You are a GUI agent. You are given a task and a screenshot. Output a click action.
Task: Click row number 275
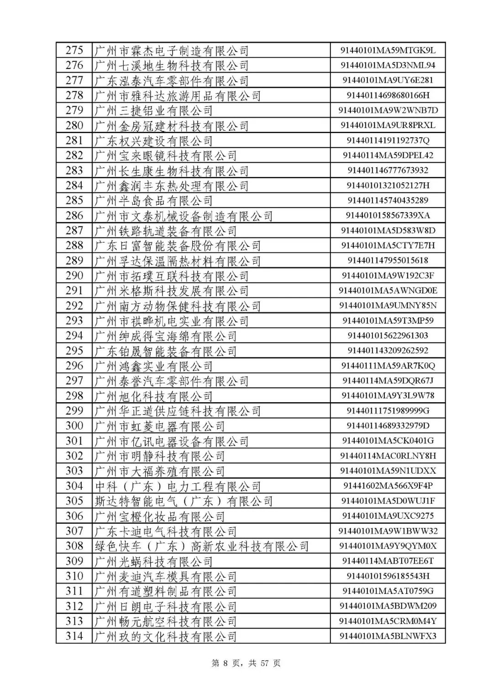coord(74,50)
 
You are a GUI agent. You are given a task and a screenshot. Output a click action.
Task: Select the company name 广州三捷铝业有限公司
coord(153,111)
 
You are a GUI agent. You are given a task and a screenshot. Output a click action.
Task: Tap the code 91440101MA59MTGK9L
coord(388,50)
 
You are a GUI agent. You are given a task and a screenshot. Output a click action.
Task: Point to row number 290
coord(74,276)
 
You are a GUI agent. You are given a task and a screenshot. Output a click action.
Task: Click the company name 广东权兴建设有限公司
coord(153,141)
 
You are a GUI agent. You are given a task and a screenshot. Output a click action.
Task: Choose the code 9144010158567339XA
coord(388,216)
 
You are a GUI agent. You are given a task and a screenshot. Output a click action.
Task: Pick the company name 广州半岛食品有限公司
coord(153,201)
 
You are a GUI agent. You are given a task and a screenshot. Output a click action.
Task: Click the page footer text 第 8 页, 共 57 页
coord(246,663)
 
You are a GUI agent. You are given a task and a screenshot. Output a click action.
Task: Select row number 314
coord(74,636)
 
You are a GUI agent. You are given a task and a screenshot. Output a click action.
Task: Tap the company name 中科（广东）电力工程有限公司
coord(178,486)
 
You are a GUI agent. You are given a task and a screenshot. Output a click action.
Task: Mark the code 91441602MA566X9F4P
coord(388,486)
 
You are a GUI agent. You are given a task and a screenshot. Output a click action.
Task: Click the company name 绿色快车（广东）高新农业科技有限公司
coord(201,546)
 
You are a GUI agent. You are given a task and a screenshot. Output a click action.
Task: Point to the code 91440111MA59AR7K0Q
coord(388,366)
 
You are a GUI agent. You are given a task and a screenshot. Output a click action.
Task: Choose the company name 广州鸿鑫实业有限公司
coord(153,366)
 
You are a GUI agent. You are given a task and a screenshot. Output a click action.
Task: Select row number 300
coord(74,426)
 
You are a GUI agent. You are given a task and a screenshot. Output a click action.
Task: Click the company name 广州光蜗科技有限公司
coord(153,561)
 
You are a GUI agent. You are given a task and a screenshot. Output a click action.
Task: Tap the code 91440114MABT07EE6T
coord(388,561)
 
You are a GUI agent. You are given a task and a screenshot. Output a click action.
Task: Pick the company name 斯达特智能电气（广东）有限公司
coord(184,501)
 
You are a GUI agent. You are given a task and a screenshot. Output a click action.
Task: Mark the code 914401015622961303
coord(388,336)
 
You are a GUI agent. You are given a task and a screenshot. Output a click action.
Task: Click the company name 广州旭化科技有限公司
coord(153,396)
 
